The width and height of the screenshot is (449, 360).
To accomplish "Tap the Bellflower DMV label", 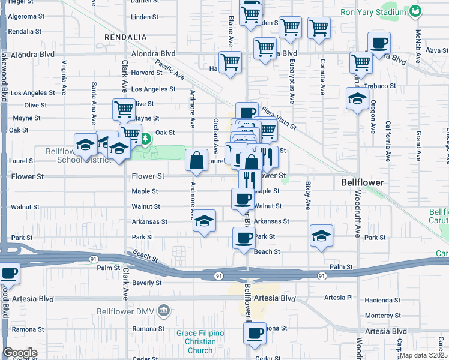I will (127, 311).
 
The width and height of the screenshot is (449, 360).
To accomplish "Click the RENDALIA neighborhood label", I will (125, 37).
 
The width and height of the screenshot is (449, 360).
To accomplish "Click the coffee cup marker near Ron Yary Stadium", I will (379, 43).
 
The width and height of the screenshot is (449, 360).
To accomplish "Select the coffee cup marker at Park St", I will (244, 238).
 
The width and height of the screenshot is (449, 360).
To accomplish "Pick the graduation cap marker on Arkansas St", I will (205, 221).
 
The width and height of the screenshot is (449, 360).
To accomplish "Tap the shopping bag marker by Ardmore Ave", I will (197, 160).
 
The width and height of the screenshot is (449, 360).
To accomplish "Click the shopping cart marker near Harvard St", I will (231, 62).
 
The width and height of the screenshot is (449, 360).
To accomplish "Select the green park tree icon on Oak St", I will (145, 140).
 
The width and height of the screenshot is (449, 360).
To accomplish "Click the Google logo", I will (20, 353).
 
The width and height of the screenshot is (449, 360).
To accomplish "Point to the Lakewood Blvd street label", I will (4, 73).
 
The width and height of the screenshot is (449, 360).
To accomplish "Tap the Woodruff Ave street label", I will (357, 215).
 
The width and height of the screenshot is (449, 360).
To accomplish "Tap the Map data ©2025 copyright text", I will (423, 355).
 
